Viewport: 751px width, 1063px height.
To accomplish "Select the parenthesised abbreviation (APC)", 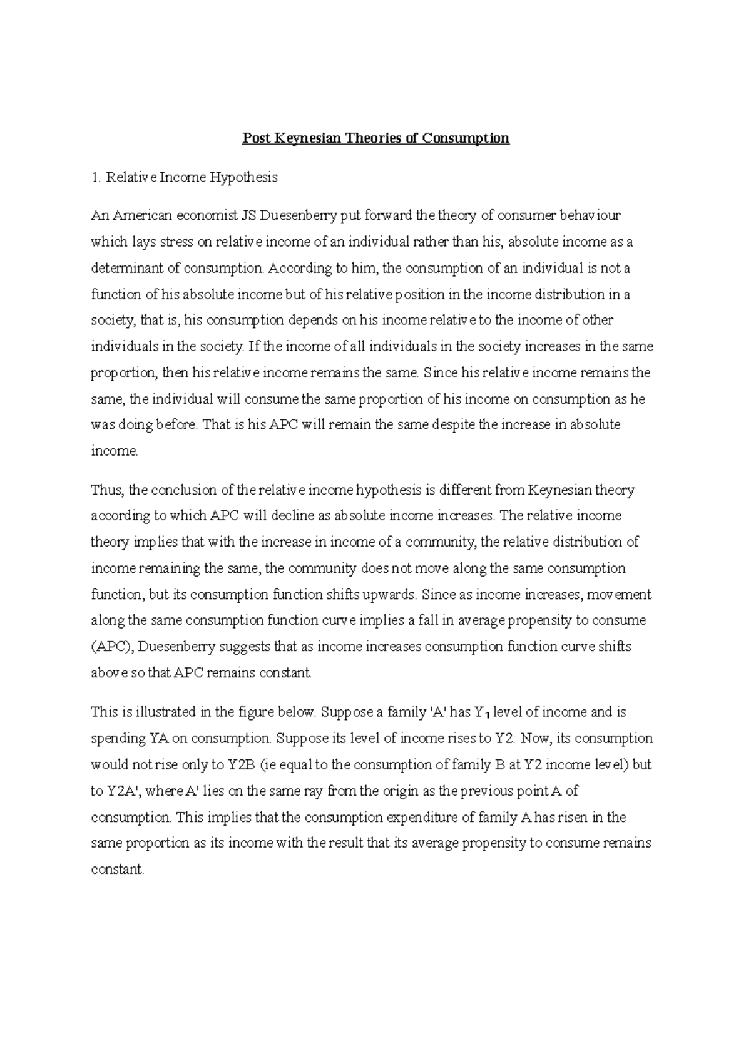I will (110, 647).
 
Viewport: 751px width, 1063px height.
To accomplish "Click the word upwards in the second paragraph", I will (391, 595).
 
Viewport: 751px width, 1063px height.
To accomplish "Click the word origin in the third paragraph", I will (402, 791).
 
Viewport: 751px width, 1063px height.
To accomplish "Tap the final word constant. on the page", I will (118, 870).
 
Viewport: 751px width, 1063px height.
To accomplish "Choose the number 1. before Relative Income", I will (95, 178).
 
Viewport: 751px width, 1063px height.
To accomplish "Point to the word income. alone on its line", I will (114, 451).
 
